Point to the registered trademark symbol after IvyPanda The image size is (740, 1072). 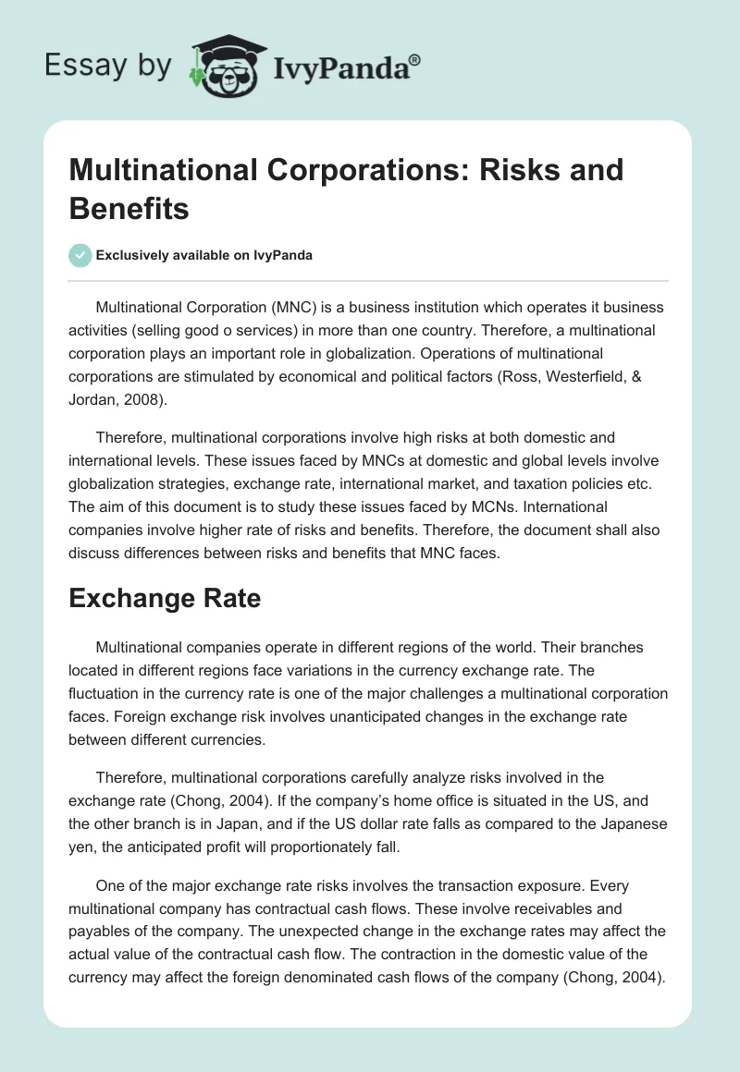415,59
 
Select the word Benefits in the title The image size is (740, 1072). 129,208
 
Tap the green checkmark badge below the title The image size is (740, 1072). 80,256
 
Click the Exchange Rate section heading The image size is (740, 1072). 166,598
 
